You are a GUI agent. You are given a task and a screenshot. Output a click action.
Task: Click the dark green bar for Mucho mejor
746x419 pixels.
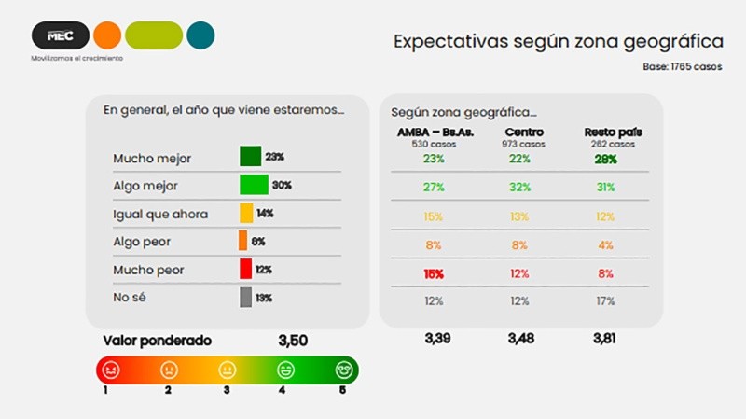point(250,156)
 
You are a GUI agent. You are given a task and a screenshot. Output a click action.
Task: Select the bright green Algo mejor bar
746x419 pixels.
point(254,185)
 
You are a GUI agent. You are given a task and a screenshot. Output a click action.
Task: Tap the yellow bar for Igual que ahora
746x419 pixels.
point(246,213)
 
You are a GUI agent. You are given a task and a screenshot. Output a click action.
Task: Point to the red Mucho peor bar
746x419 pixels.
point(245,269)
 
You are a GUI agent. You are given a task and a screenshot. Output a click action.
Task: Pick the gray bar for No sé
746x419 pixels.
point(245,297)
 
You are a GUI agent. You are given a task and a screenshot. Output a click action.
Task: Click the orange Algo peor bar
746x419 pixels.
point(243,241)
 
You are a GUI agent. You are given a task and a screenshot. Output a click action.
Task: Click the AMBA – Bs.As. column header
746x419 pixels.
point(435,133)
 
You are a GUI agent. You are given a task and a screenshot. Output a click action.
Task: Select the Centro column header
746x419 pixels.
point(523,133)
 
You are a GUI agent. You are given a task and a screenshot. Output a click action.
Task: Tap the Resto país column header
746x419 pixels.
point(613,133)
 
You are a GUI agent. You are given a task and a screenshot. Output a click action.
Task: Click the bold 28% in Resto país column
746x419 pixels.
point(606,159)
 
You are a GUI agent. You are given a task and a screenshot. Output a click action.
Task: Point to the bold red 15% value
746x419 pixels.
point(434,273)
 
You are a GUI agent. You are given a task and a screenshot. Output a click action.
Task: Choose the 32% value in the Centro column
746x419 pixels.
point(519,188)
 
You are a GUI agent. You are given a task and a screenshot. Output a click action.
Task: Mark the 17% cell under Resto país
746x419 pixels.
point(605,300)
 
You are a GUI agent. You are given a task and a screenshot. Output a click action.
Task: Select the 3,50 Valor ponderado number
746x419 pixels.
point(293,341)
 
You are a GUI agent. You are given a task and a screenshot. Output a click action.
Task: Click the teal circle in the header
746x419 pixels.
point(200,35)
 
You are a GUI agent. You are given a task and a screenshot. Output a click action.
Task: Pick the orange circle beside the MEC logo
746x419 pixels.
point(107,35)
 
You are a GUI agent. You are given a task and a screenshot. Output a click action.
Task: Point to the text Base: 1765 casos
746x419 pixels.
point(682,67)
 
